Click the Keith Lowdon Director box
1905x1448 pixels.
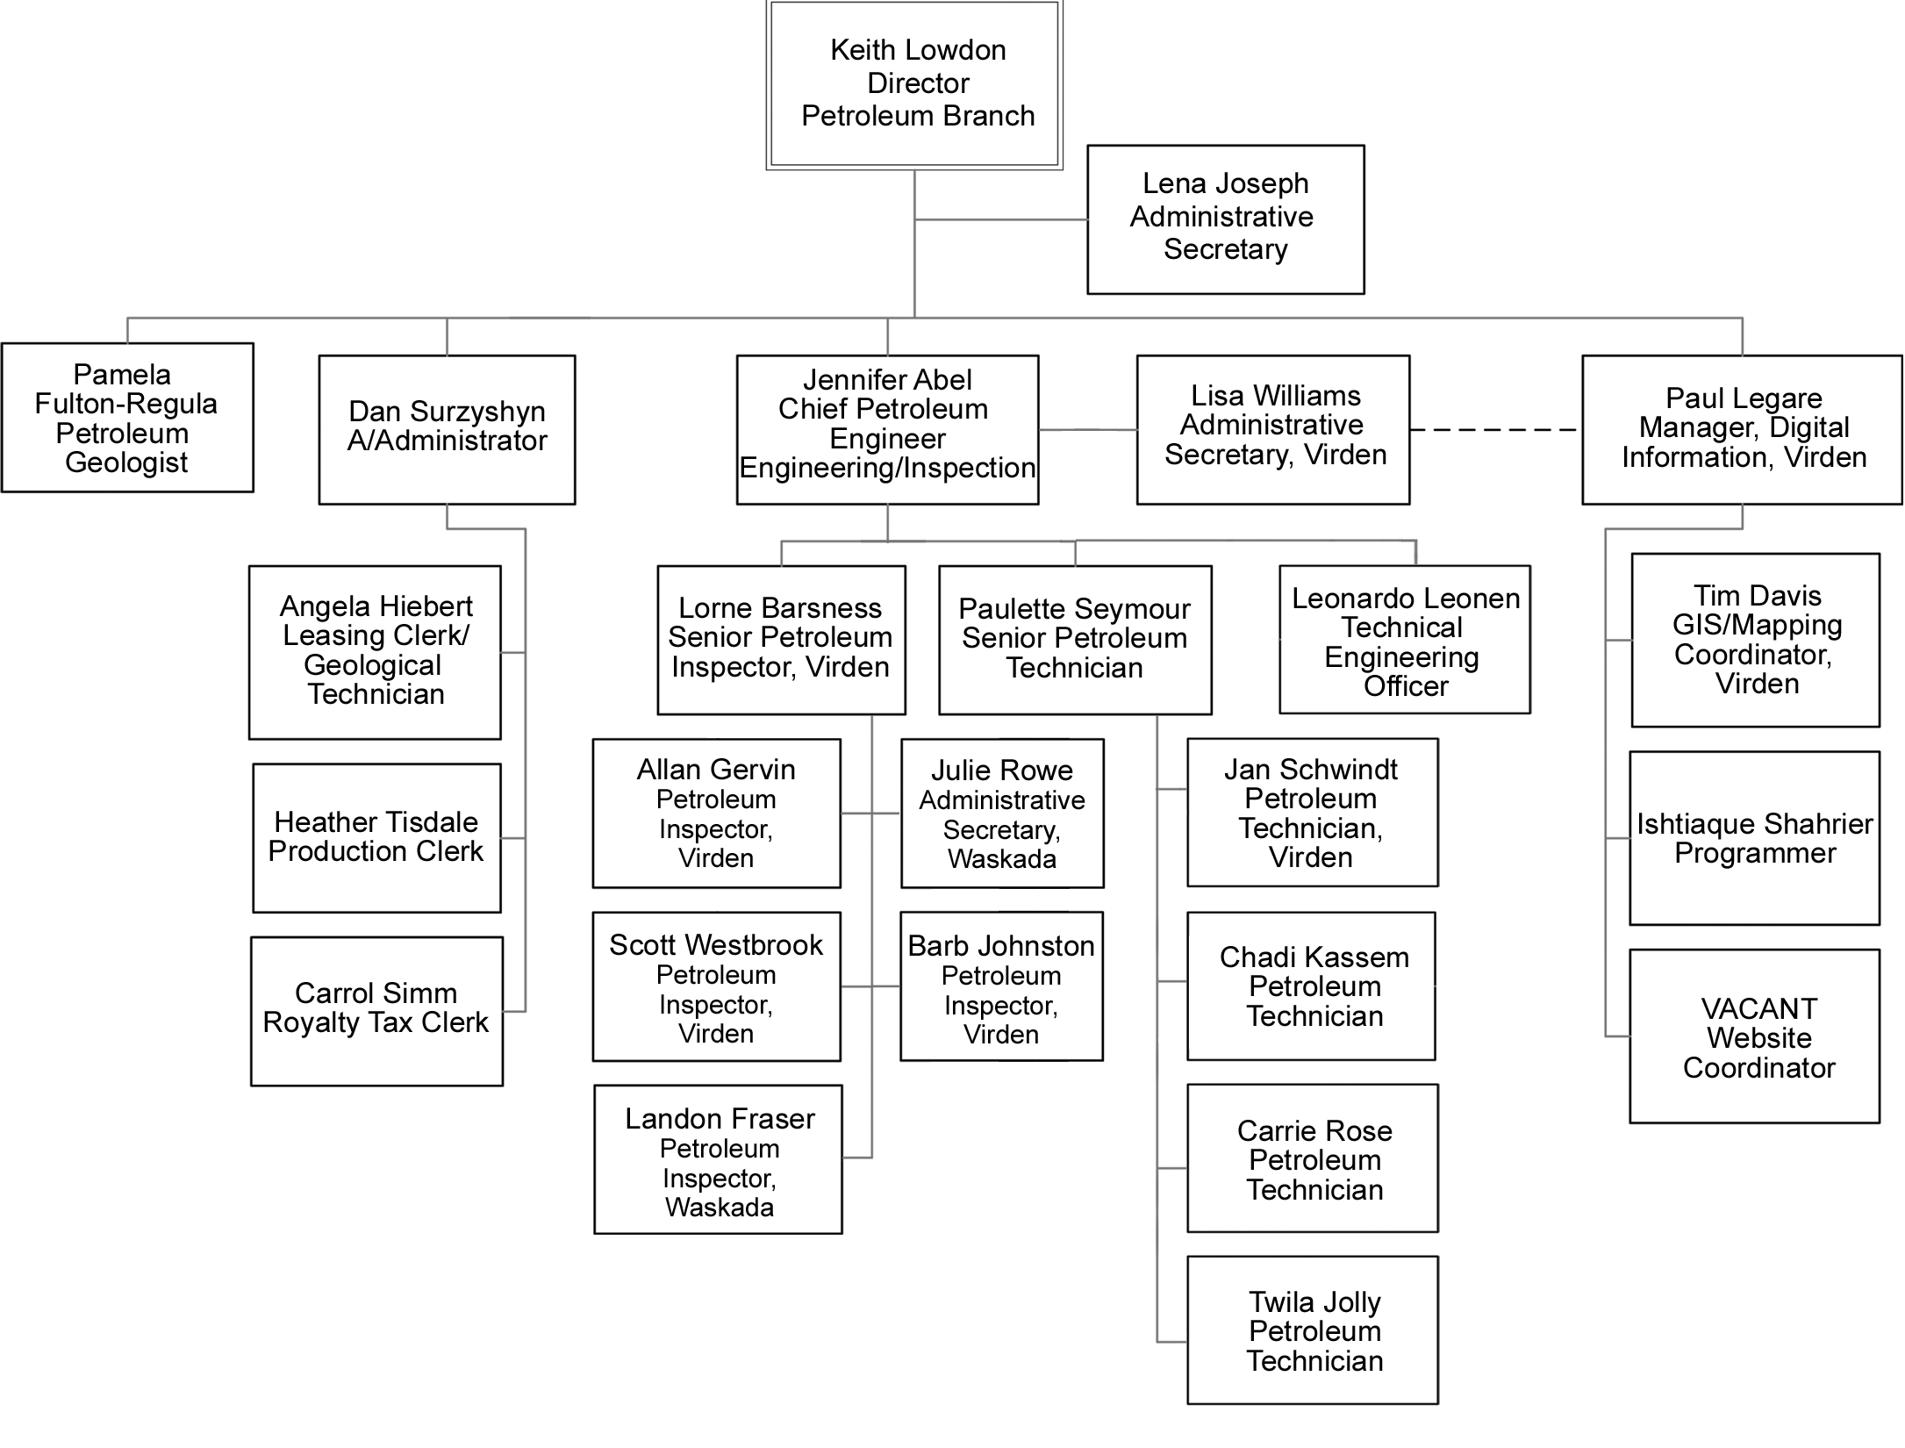914,84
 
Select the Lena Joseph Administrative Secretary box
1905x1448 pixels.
1225,219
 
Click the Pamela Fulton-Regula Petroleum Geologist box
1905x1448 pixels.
127,418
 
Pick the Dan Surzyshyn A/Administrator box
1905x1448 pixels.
447,429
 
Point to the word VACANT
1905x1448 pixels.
1758,1009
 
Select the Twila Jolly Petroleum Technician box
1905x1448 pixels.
1313,1330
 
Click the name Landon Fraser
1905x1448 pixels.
720,1119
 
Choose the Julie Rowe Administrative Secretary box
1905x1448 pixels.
1002,814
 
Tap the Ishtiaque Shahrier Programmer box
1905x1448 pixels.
1754,838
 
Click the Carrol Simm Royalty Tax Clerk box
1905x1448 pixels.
376,1011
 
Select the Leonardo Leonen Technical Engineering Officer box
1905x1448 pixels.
1404,640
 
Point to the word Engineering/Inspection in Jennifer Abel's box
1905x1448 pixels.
887,468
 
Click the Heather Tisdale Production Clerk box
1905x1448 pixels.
376,838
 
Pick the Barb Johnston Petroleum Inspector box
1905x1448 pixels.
1001,986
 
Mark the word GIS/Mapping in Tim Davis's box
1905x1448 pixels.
1757,625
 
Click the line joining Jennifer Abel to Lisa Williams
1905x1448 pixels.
1087,430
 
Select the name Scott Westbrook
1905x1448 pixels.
716,945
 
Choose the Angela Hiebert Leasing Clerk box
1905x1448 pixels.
375,652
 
